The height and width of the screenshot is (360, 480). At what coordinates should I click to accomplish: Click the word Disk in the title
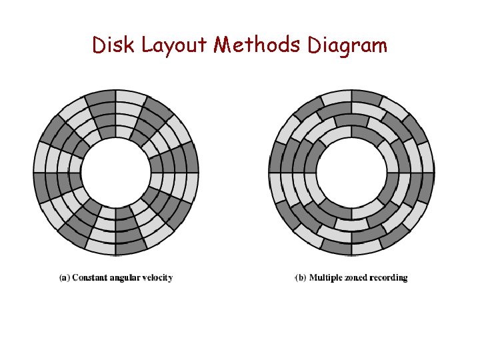tap(107, 45)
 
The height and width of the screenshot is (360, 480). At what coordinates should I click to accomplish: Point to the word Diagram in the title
tap(347, 47)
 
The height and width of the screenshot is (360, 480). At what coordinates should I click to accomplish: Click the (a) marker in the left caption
tap(64, 277)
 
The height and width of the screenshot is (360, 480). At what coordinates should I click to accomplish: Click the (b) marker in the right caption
tap(301, 277)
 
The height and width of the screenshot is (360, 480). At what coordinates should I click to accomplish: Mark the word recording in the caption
tap(391, 278)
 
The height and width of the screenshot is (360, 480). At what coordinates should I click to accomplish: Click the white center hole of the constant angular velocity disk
tap(115, 172)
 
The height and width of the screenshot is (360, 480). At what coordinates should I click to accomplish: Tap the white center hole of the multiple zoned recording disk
tap(351, 172)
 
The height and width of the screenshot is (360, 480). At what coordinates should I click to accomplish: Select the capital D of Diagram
tap(315, 45)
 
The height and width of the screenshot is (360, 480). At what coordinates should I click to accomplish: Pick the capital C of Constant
tap(75, 277)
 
